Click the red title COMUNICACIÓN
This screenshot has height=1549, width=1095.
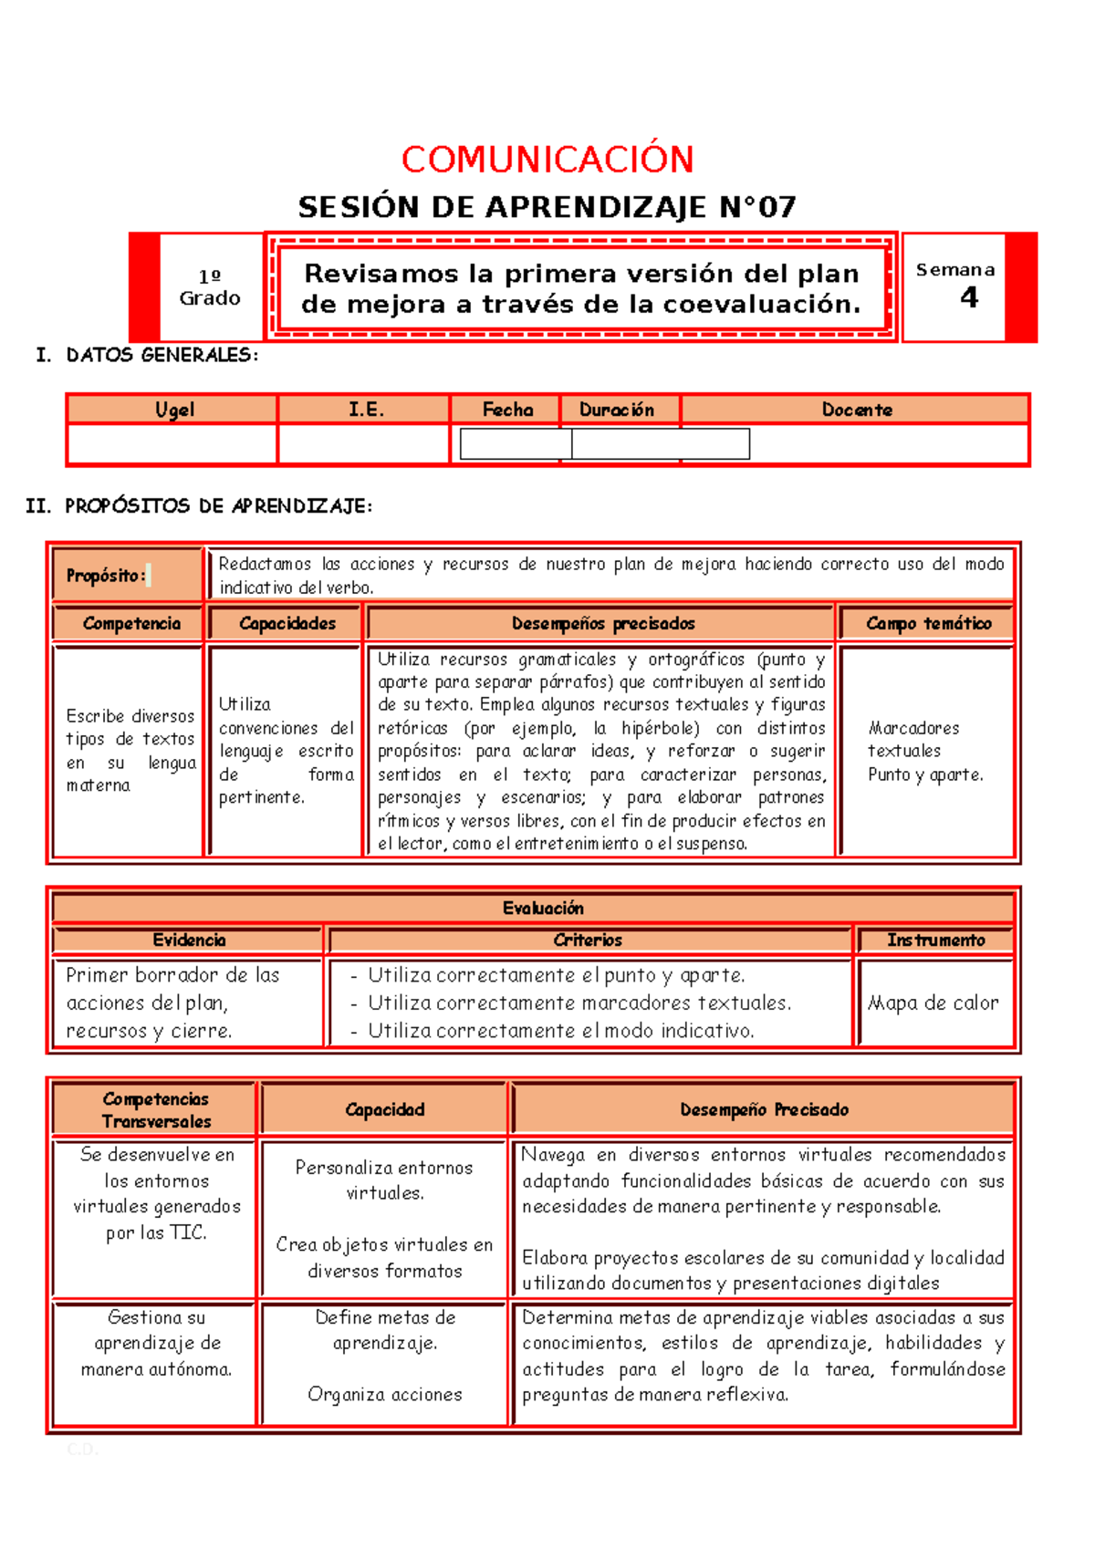[x=547, y=160]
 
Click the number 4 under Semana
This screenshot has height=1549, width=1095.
[x=969, y=297]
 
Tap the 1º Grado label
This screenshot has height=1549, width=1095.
[x=210, y=287]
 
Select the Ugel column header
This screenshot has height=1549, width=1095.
[x=173, y=410]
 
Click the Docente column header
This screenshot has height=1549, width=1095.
[x=856, y=410]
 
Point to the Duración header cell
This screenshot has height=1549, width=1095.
[x=617, y=410]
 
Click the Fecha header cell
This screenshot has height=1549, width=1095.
[x=507, y=410]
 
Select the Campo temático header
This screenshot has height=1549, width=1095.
[x=928, y=623]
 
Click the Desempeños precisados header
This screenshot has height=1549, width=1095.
[x=602, y=623]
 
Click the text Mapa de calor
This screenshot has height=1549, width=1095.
[x=933, y=1003]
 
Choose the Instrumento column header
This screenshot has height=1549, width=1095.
[x=935, y=940]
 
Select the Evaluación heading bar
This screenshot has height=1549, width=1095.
[x=543, y=908]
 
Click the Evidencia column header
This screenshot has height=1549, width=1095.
[x=189, y=940]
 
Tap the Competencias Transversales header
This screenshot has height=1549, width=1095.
[x=156, y=1110]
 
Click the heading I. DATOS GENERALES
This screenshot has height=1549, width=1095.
[x=147, y=355]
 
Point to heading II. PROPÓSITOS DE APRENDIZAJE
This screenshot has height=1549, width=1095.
[x=199, y=505]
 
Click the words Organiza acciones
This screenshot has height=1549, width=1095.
[x=385, y=1394]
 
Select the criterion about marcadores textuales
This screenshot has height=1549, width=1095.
[x=579, y=1003]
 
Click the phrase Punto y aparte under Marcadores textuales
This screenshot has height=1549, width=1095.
[x=925, y=774]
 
